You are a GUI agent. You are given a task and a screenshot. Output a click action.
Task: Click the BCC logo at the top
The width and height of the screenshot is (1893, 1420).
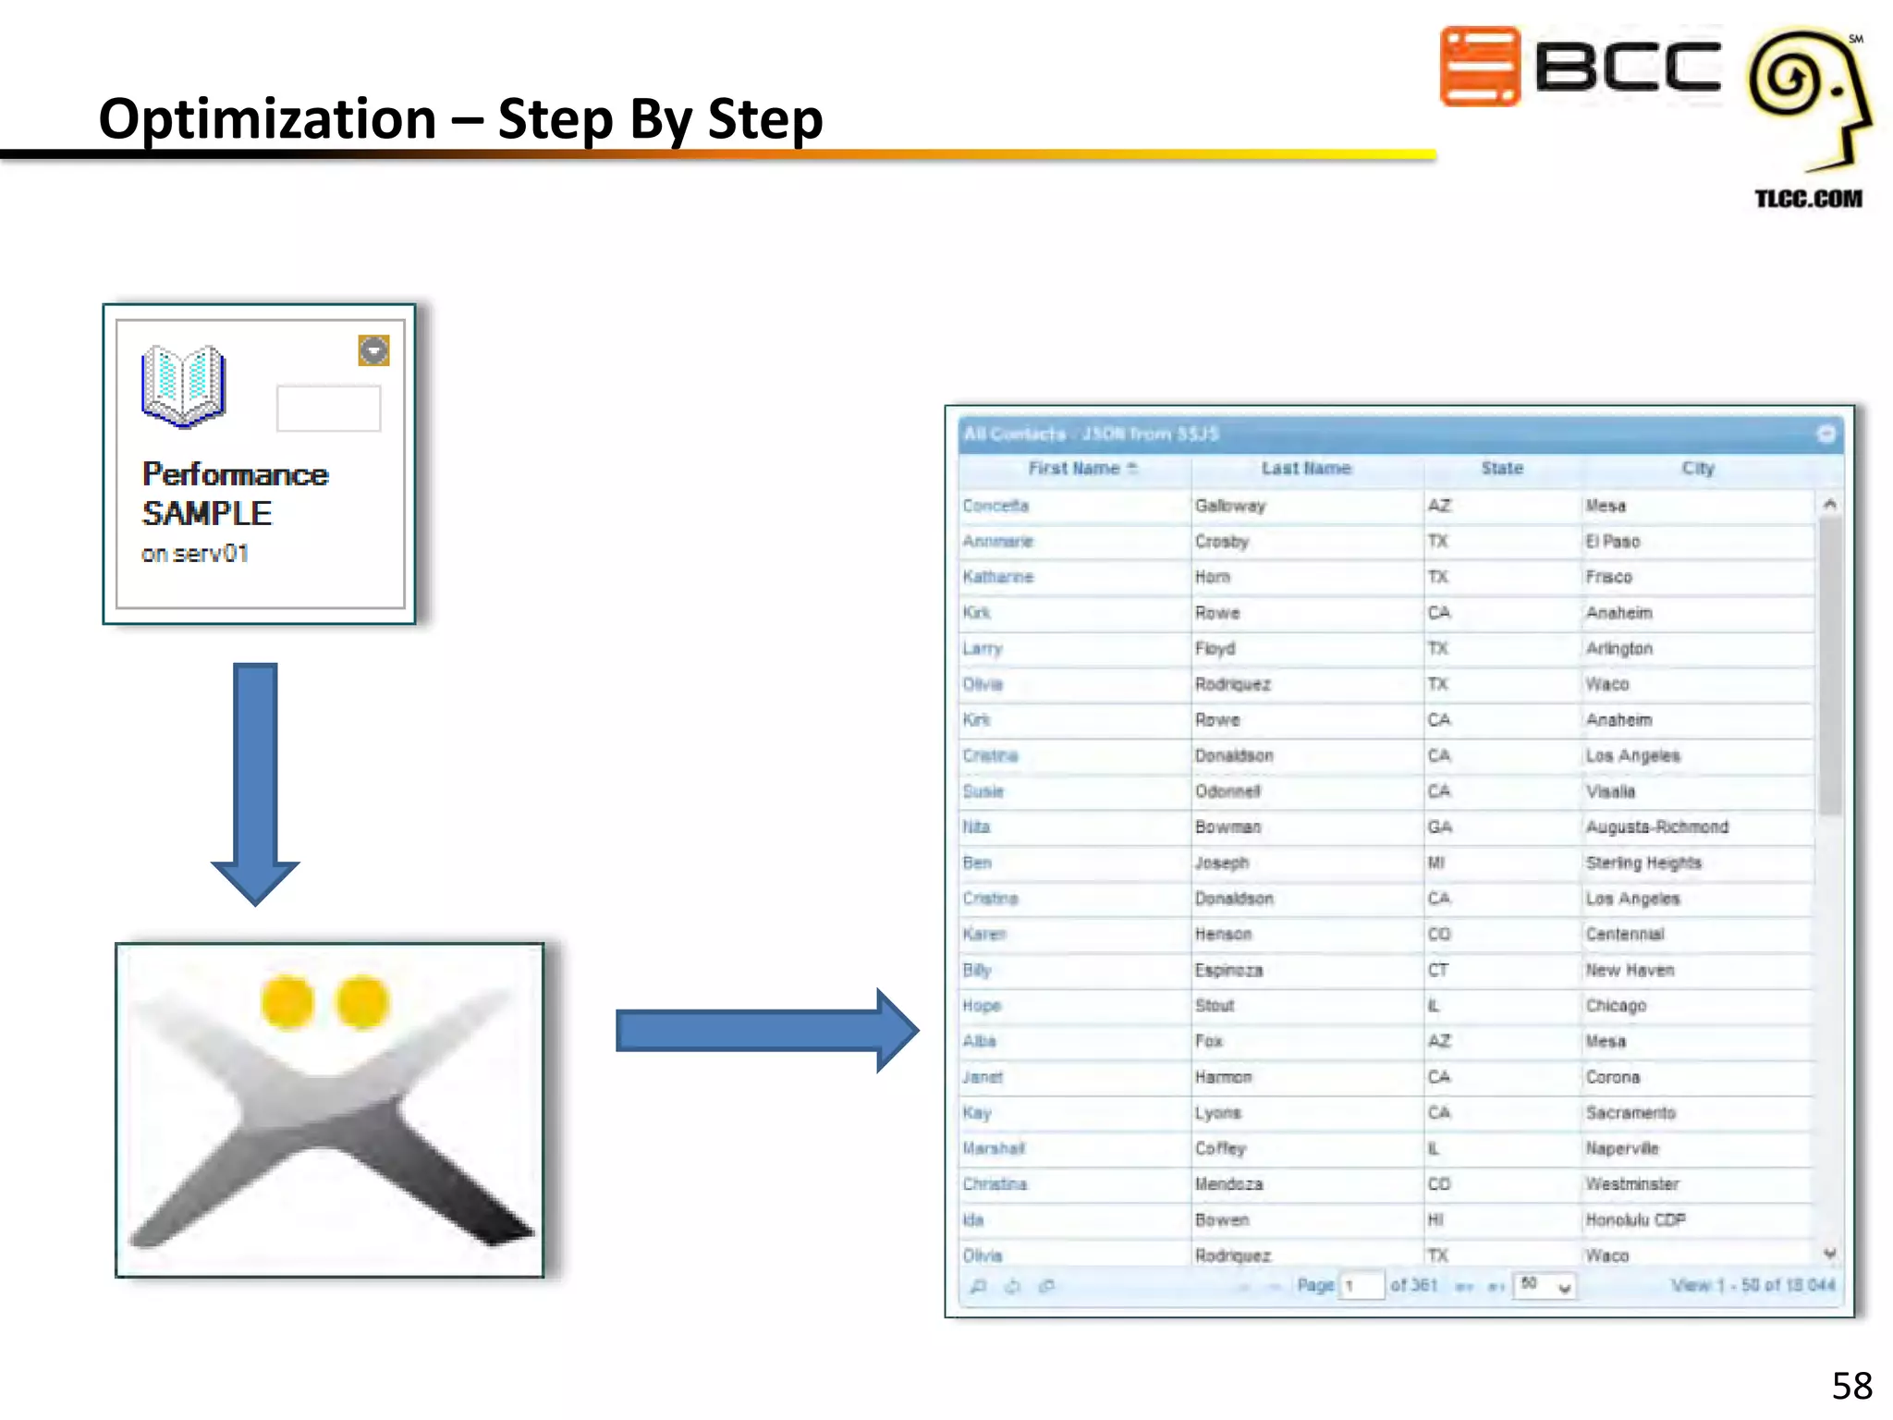(1580, 67)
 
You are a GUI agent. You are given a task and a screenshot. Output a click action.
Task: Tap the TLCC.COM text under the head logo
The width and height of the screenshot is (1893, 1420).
(1808, 199)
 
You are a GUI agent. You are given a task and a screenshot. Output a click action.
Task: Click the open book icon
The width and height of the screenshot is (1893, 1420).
(183, 386)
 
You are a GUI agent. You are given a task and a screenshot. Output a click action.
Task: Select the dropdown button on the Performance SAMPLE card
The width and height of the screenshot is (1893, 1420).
(373, 350)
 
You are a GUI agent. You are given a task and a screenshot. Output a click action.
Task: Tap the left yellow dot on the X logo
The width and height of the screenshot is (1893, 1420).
(287, 1002)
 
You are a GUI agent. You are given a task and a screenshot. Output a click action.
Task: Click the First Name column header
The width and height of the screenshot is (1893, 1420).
(1074, 469)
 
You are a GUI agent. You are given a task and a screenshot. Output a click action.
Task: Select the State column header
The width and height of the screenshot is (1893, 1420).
(1501, 469)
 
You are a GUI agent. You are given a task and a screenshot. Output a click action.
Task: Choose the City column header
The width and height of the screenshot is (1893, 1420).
(1697, 469)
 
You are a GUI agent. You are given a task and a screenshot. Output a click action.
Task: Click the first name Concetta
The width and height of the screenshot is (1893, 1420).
(995, 506)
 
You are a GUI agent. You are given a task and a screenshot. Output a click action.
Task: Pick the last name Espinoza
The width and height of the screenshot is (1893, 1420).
(1228, 970)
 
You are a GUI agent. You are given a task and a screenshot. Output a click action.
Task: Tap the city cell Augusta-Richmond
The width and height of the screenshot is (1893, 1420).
(1656, 826)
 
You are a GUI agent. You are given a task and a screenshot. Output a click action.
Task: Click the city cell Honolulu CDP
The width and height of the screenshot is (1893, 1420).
(1635, 1219)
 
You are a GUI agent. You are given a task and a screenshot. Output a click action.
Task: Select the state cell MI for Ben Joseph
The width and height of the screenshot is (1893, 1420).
(1435, 863)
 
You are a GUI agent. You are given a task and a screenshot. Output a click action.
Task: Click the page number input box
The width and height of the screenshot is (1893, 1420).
(1362, 1285)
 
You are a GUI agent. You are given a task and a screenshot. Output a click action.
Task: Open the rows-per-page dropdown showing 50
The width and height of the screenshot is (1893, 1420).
(1545, 1285)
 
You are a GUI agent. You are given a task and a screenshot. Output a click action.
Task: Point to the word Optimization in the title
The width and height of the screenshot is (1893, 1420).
(267, 119)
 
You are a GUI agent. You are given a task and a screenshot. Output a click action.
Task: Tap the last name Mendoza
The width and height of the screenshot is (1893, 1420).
(1228, 1184)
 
